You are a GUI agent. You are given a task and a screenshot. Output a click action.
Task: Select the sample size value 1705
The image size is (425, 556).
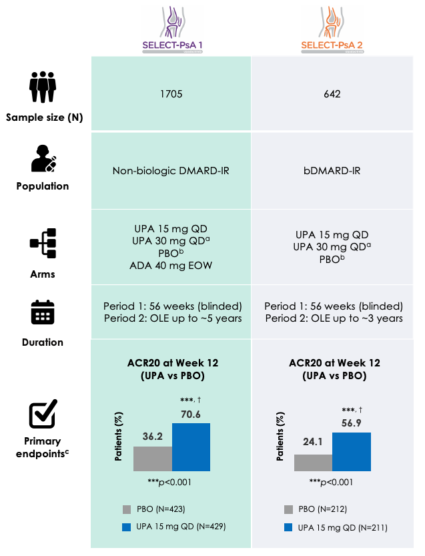point(171,94)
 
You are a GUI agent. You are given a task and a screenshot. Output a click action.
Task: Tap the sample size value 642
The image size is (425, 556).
point(332,94)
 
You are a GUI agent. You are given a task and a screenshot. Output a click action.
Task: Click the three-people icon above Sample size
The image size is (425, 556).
point(43,87)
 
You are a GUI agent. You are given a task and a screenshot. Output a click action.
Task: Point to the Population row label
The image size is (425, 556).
point(43,186)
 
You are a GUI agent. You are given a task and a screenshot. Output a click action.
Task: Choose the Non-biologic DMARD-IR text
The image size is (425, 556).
point(171,170)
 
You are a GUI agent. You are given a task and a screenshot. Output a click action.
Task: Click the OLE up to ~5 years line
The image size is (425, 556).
point(172,318)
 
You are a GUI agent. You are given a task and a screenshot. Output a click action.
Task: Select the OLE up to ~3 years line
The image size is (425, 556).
point(334,318)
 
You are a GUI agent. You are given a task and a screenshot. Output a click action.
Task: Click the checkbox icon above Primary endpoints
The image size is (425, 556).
point(43,415)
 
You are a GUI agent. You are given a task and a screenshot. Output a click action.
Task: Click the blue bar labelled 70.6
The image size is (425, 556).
point(191,447)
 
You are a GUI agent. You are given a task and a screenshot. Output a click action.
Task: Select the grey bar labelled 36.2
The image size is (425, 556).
point(153,459)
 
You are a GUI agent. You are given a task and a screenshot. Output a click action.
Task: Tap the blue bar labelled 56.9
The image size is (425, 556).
point(352,452)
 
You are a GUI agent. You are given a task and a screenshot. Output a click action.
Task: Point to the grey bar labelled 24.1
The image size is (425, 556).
point(314,463)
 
